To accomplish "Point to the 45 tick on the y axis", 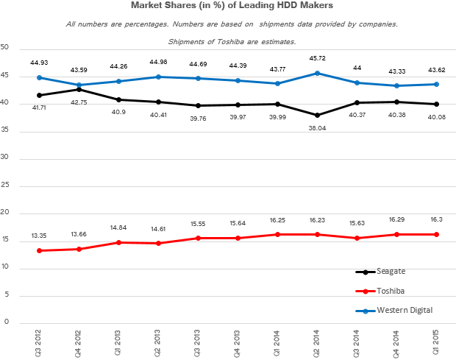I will (5, 75).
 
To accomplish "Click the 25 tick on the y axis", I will (5, 185).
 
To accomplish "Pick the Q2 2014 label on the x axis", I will (316, 343).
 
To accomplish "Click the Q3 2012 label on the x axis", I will (38, 343).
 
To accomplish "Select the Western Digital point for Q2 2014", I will (316, 73).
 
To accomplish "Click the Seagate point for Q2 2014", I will (316, 115).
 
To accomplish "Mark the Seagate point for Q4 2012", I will (78, 89).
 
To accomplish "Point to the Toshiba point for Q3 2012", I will (38, 250).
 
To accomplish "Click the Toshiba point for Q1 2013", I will (118, 242).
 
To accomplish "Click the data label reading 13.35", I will (38, 236).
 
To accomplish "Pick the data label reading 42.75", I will (78, 103).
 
